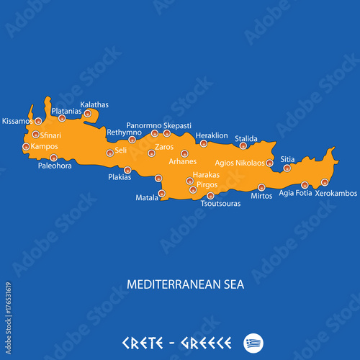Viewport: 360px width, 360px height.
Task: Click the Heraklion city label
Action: [212, 135]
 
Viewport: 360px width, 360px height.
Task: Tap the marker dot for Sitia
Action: [287, 168]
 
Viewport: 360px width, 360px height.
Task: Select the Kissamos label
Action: [17, 121]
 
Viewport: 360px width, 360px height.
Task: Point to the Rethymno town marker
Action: [132, 140]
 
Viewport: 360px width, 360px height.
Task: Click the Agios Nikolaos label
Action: [239, 163]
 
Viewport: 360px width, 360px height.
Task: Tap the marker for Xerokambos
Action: [325, 182]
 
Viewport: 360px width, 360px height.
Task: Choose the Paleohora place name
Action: [55, 166]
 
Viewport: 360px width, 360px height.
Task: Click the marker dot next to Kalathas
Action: [88, 114]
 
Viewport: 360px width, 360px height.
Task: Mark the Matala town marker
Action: [161, 193]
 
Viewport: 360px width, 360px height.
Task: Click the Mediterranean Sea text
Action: [185, 284]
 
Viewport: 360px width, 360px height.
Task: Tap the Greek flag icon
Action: [253, 341]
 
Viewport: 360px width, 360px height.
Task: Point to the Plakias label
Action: [120, 176]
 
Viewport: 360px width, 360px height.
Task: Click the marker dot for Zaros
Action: [151, 153]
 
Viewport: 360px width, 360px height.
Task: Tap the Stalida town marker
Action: [243, 146]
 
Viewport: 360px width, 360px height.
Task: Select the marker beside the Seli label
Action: [109, 153]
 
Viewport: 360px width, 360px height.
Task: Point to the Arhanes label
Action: [182, 161]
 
